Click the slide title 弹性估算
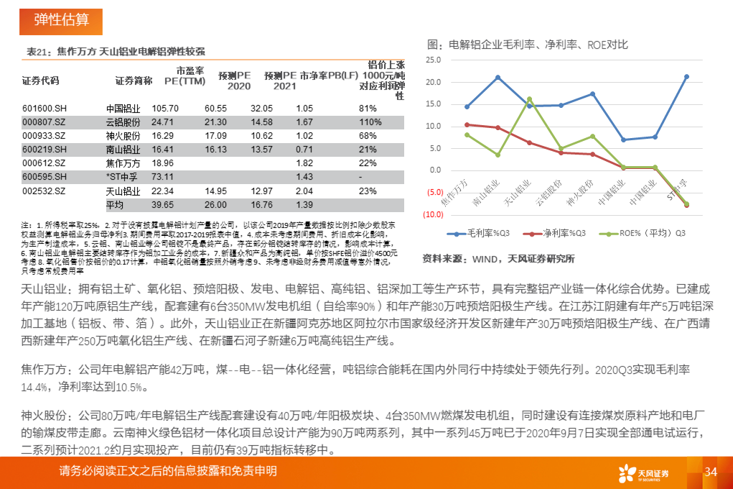[x=61, y=19]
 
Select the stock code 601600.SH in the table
[x=45, y=108]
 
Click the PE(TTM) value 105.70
[x=164, y=108]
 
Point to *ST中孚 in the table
[x=122, y=177]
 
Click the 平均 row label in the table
[x=115, y=204]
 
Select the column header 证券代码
[x=41, y=80]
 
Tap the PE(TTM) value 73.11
[x=163, y=177]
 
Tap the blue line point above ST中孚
[x=686, y=76]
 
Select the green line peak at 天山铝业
[x=529, y=99]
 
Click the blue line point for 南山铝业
[x=498, y=77]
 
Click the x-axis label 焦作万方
[x=455, y=191]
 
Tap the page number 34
[x=711, y=472]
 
